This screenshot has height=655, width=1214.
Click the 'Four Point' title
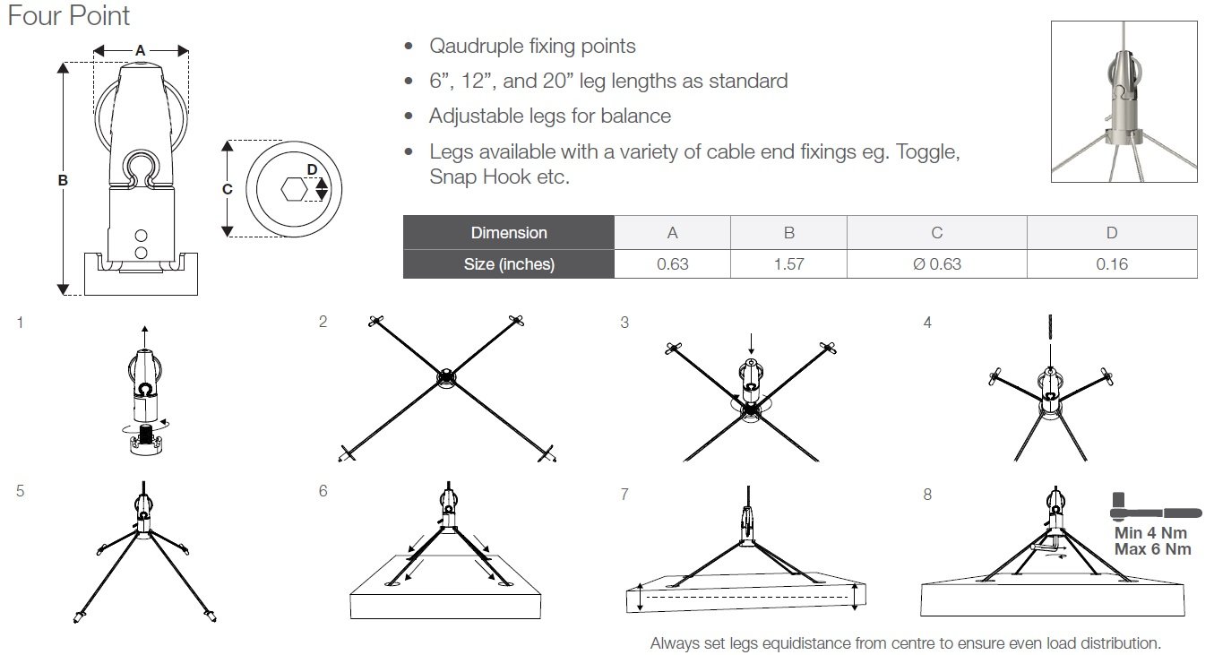tap(68, 16)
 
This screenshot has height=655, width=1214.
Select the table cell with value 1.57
tap(788, 263)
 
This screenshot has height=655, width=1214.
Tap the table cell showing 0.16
tap(1111, 263)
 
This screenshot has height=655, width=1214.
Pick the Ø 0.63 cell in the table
tap(936, 263)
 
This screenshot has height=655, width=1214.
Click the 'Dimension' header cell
tap(508, 233)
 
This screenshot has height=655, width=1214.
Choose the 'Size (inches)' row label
tap(508, 263)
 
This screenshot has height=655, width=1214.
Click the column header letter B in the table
tap(788, 233)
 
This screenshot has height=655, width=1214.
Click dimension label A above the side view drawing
tap(141, 51)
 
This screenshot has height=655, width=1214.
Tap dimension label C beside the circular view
tap(227, 189)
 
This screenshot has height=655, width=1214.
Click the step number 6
tap(323, 491)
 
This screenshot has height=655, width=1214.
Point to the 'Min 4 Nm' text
tap(1150, 532)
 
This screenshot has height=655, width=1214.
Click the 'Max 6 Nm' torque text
tap(1152, 548)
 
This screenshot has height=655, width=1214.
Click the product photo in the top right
tap(1124, 101)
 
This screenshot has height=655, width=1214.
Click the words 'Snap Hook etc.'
tap(499, 177)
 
